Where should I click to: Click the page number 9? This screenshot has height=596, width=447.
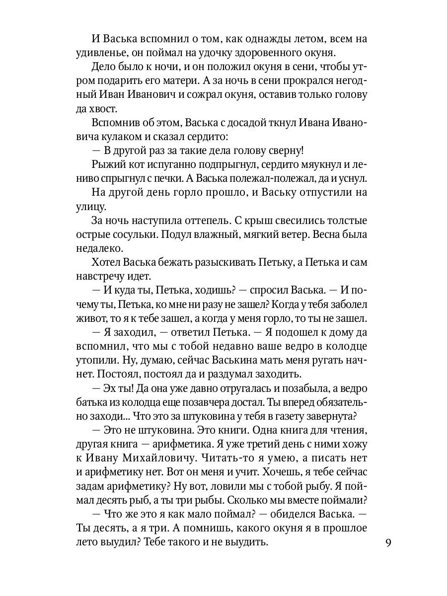[x=389, y=542]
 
